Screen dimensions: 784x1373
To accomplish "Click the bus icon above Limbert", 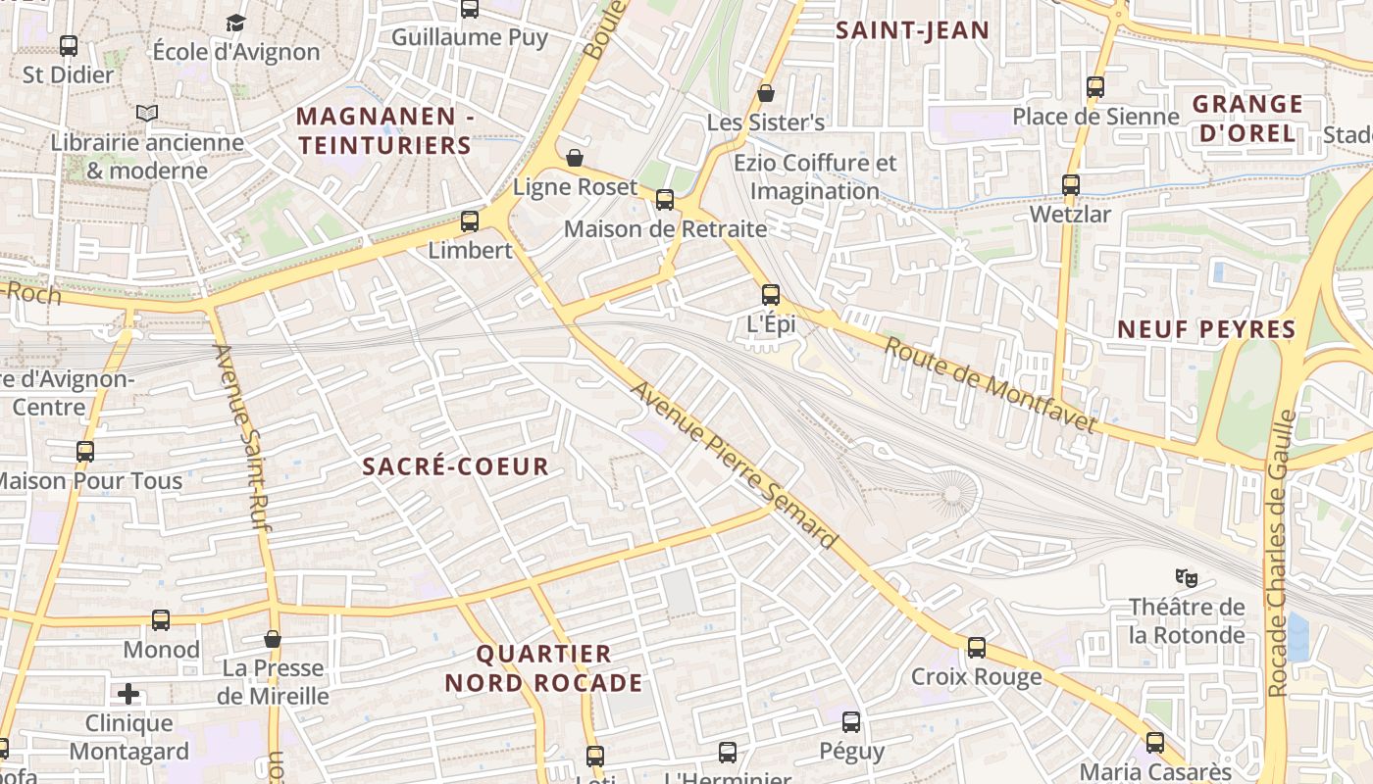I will point(470,221).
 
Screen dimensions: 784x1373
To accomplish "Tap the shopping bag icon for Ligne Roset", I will point(575,158).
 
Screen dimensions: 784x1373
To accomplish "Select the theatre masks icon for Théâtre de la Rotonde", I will point(1187,577).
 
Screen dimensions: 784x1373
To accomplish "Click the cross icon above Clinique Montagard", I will point(128,695).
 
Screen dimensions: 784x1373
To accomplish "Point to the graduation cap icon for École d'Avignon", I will point(235,23).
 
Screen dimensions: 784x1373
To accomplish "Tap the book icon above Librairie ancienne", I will point(147,114).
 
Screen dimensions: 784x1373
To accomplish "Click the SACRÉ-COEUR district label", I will point(456,466).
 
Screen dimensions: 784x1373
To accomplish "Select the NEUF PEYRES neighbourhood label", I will point(1207,330).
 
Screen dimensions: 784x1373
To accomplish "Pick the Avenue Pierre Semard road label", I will point(734,465).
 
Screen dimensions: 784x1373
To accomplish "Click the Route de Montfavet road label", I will point(990,384).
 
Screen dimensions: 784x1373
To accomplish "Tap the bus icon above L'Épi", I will point(771,294).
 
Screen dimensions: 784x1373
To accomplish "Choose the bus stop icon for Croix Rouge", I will point(977,648).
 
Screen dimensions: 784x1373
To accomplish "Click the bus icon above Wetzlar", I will point(1071,184).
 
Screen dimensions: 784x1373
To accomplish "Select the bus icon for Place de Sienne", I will point(1095,87).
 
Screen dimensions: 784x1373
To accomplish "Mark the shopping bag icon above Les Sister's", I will point(766,93).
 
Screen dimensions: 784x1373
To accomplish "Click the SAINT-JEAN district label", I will point(912,30).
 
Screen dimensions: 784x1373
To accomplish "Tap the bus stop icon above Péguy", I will point(851,722).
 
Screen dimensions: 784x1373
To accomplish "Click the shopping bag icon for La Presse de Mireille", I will point(273,639).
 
